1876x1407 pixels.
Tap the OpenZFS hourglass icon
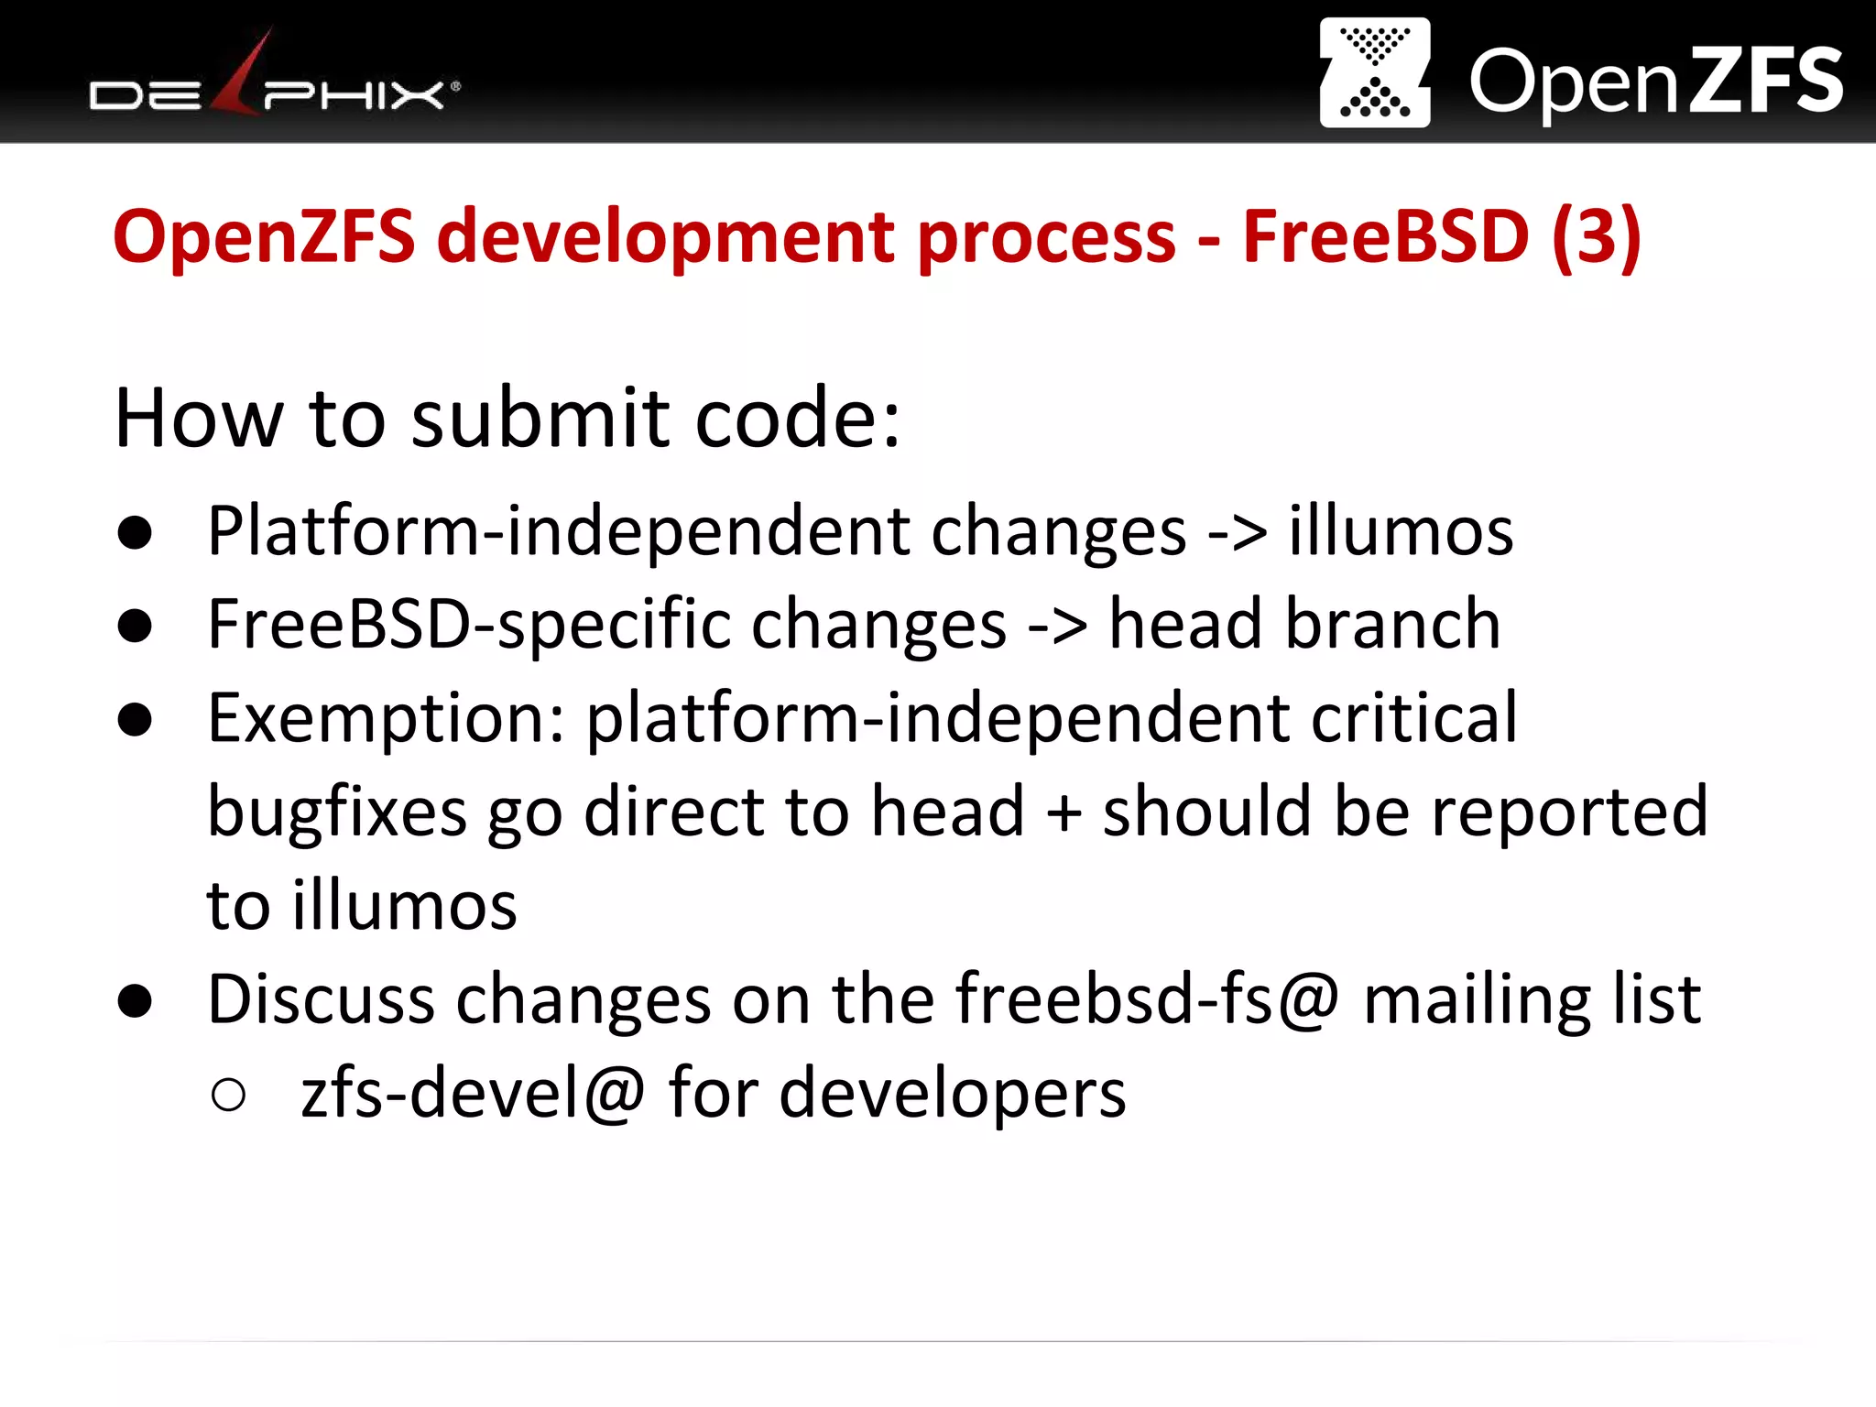pos(1374,73)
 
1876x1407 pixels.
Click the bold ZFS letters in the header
pos(1765,82)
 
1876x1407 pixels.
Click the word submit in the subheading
pos(540,419)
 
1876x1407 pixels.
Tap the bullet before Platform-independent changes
pos(135,533)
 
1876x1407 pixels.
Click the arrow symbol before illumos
pos(1237,531)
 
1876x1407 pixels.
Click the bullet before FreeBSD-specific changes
pos(135,627)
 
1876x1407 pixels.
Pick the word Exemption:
pos(386,719)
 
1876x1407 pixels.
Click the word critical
pos(1413,717)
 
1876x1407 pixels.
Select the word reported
pos(1570,813)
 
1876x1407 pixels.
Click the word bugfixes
pos(337,813)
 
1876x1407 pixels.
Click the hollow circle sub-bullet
pos(228,1095)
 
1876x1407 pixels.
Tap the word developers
pos(952,1095)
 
